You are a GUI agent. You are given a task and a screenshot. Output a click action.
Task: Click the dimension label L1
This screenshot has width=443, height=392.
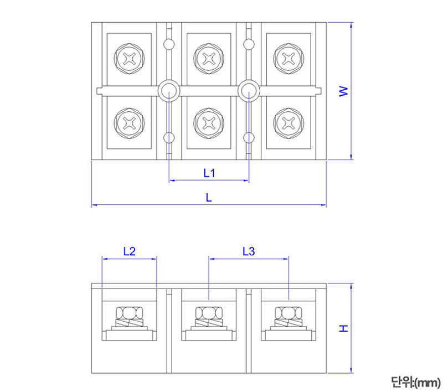pyautogui.click(x=209, y=173)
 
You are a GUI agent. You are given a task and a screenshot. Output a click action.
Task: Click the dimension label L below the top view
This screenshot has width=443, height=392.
pyautogui.click(x=209, y=197)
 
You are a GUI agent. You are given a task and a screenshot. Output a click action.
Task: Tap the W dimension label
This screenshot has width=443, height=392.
pyautogui.click(x=344, y=91)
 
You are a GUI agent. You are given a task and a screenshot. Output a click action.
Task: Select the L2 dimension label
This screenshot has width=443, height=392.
pyautogui.click(x=129, y=251)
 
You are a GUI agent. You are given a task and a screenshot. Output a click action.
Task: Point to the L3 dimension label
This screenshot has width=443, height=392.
pyautogui.click(x=249, y=251)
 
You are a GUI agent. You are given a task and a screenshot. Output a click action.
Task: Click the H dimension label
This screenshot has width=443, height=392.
pyautogui.click(x=344, y=328)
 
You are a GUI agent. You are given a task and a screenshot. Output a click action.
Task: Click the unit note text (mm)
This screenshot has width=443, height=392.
pyautogui.click(x=415, y=381)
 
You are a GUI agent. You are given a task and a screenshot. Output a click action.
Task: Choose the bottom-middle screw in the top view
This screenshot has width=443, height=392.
pyautogui.click(x=209, y=122)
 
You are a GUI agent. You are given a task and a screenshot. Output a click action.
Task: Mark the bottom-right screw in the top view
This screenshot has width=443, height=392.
pyautogui.click(x=289, y=122)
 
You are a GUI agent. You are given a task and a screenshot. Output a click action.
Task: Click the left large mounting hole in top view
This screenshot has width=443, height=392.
pyautogui.click(x=169, y=91)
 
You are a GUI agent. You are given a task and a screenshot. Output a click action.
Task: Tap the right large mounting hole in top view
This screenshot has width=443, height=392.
pyautogui.click(x=249, y=91)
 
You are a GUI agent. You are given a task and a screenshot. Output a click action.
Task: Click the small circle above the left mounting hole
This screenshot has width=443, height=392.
pyautogui.click(x=169, y=43)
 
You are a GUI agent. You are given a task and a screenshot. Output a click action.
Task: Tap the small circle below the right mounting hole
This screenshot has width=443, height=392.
pyautogui.click(x=249, y=138)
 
